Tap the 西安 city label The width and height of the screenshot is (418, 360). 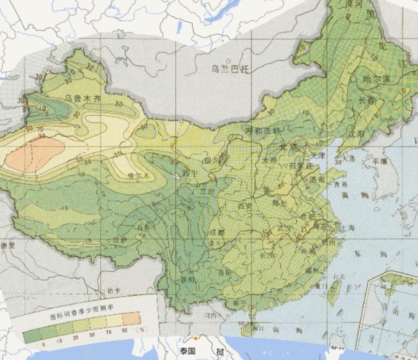tap(246, 206)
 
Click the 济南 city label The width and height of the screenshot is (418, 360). tap(317, 179)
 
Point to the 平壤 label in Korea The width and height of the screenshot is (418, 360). tap(379, 161)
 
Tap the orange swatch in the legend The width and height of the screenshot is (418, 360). tap(131, 318)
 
